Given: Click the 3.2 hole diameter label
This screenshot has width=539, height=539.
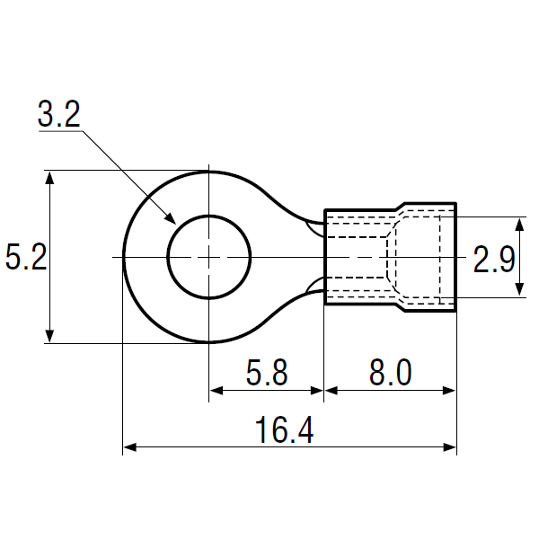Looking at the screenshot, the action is tap(58, 114).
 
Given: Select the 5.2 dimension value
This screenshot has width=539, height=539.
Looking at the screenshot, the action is tap(26, 257).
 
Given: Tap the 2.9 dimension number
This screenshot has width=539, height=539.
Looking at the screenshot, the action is tap(494, 260).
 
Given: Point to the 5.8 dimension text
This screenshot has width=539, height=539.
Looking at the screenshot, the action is tap(267, 372).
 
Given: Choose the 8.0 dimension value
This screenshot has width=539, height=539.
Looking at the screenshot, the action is tap(390, 372).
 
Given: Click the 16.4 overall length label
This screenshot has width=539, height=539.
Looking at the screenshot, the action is tap(284, 430).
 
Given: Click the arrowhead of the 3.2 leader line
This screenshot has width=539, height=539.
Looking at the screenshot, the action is tap(170, 218).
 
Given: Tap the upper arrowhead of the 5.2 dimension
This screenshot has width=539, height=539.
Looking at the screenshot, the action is tap(49, 178).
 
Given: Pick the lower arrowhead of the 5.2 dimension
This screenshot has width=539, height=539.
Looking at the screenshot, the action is tap(49, 336).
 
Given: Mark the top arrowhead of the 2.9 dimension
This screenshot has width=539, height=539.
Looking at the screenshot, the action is tap(520, 224).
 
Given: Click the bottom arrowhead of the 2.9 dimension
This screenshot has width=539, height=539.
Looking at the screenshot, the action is tap(520, 290).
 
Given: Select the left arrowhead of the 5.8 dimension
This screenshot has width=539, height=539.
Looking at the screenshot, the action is tap(216, 391).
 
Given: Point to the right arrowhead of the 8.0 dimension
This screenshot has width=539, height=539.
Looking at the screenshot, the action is tap(449, 391).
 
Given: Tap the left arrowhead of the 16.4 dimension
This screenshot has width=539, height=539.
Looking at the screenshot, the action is tap(130, 447).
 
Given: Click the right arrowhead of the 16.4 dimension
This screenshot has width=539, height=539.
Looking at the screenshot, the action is tap(449, 447).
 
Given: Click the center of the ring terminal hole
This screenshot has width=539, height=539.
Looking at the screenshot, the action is tap(209, 257).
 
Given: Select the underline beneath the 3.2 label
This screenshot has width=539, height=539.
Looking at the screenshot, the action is tap(60, 130).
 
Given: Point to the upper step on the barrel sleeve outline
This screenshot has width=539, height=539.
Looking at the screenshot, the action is tap(400, 207).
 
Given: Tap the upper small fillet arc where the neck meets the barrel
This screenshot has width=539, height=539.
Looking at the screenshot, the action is tap(314, 228).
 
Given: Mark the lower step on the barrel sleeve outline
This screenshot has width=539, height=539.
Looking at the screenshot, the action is tap(400, 307).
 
